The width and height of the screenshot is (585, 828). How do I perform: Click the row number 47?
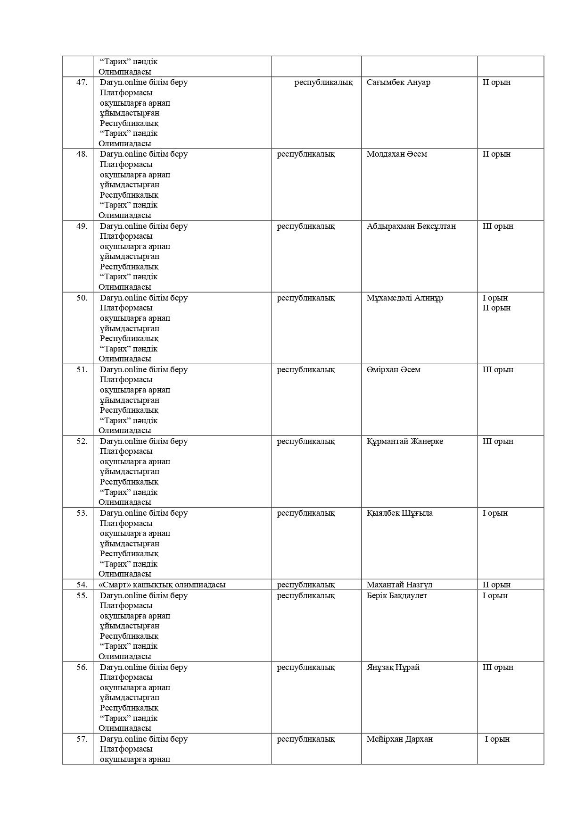click(82, 83)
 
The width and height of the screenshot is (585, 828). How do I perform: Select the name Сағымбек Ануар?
click(398, 83)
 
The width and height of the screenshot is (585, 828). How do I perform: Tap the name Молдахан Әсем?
click(396, 154)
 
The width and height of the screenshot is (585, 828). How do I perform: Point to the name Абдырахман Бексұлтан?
click(411, 226)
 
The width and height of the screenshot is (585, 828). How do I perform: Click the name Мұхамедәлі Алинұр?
click(404, 298)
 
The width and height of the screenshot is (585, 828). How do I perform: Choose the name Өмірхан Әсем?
click(393, 369)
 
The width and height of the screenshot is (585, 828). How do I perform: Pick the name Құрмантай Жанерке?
click(404, 441)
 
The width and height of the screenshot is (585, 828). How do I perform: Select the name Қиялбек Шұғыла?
click(399, 513)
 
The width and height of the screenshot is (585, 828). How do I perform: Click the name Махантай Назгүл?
click(399, 585)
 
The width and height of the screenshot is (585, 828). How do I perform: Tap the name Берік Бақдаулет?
click(396, 595)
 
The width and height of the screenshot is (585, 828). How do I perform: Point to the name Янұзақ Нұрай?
click(393, 667)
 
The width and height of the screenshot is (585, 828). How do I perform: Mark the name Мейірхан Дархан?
click(399, 739)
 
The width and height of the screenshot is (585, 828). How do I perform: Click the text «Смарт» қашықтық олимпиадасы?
click(162, 585)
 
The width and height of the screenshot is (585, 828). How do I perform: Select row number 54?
click(82, 585)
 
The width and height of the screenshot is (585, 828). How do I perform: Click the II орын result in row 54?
click(496, 585)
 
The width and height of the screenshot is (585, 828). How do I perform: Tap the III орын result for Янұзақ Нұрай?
click(497, 667)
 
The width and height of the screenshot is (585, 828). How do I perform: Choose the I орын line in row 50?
click(495, 298)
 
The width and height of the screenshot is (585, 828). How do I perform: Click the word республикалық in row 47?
click(323, 83)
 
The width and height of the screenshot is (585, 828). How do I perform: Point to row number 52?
click(82, 441)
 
